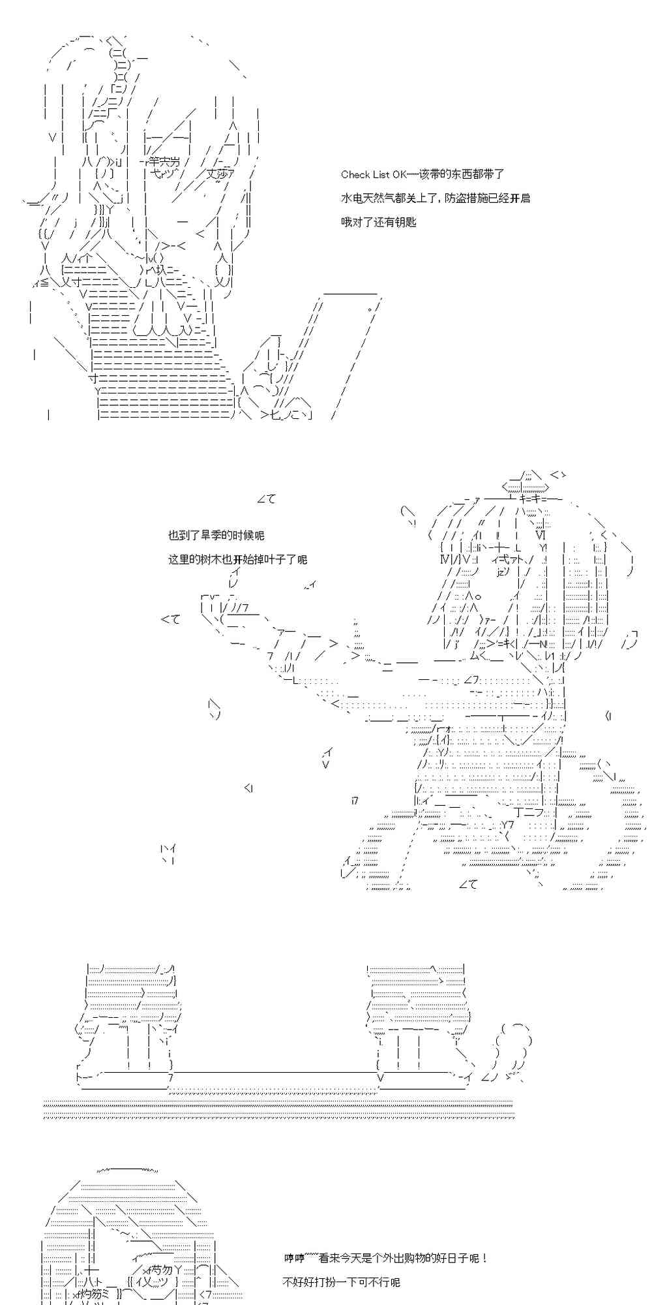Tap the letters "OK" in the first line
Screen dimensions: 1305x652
[398, 174]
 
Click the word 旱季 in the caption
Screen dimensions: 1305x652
[216, 535]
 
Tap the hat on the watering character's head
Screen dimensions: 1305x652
[526, 484]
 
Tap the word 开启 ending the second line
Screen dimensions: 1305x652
[520, 198]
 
